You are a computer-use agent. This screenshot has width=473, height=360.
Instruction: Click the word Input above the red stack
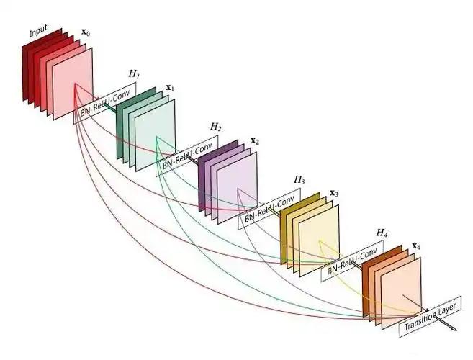pyautogui.click(x=38, y=31)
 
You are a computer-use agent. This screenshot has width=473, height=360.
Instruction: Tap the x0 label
pyautogui.click(x=86, y=32)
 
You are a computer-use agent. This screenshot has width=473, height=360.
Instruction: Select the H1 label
pyautogui.click(x=134, y=73)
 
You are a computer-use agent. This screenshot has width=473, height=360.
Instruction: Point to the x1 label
pyautogui.click(x=170, y=88)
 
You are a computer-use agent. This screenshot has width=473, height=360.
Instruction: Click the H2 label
pyautogui.click(x=216, y=127)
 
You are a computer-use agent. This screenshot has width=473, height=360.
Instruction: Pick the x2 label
pyautogui.click(x=255, y=141)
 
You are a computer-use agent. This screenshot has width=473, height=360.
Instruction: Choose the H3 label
pyautogui.click(x=299, y=180)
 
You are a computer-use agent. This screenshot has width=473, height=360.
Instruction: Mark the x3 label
pyautogui.click(x=334, y=193)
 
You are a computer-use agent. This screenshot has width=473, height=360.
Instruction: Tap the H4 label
pyautogui.click(x=382, y=233)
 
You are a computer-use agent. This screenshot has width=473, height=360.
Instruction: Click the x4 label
pyautogui.click(x=416, y=246)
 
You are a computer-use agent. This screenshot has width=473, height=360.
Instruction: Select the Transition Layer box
pyautogui.click(x=431, y=317)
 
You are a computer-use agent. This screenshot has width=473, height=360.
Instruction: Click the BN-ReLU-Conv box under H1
pyautogui.click(x=105, y=103)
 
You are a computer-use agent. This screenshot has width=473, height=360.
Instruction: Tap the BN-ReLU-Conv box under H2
pyautogui.click(x=187, y=156)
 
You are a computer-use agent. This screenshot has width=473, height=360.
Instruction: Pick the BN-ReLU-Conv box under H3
pyautogui.click(x=269, y=209)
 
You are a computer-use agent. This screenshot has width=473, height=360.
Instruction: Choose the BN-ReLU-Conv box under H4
pyautogui.click(x=352, y=261)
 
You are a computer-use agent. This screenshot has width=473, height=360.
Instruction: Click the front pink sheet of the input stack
pyautogui.click(x=73, y=84)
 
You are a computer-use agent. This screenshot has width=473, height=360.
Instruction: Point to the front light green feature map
pyautogui.click(x=156, y=135)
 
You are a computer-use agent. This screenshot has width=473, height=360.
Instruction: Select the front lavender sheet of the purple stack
pyautogui.click(x=238, y=188)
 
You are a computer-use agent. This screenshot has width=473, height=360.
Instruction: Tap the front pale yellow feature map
pyautogui.click(x=320, y=240)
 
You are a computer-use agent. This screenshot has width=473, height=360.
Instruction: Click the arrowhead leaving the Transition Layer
pyautogui.click(x=454, y=328)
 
